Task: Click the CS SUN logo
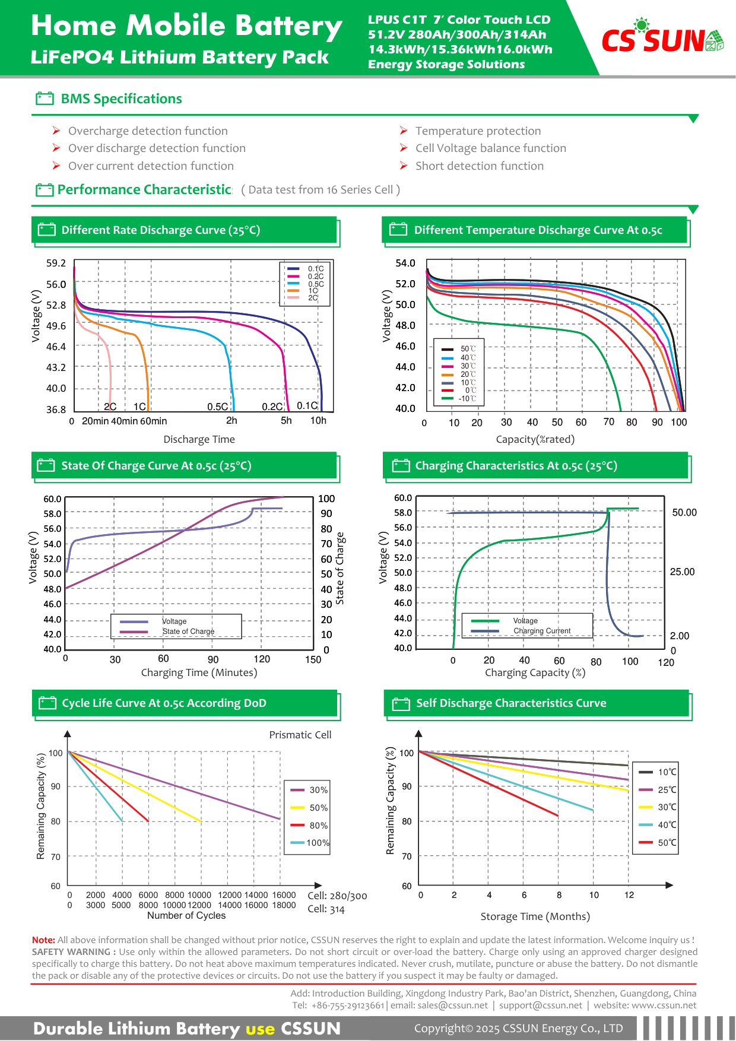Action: click(662, 37)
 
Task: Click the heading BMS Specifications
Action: click(121, 99)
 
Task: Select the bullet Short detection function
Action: click(479, 166)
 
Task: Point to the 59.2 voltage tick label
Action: click(56, 263)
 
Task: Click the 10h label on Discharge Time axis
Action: click(318, 420)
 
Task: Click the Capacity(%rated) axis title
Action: click(535, 439)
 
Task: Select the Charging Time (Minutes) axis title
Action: click(199, 672)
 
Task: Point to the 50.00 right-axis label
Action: click(684, 512)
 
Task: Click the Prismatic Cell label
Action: click(300, 735)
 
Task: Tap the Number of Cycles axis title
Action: click(186, 915)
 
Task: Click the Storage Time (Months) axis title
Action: click(535, 916)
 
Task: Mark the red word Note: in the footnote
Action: click(43, 940)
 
